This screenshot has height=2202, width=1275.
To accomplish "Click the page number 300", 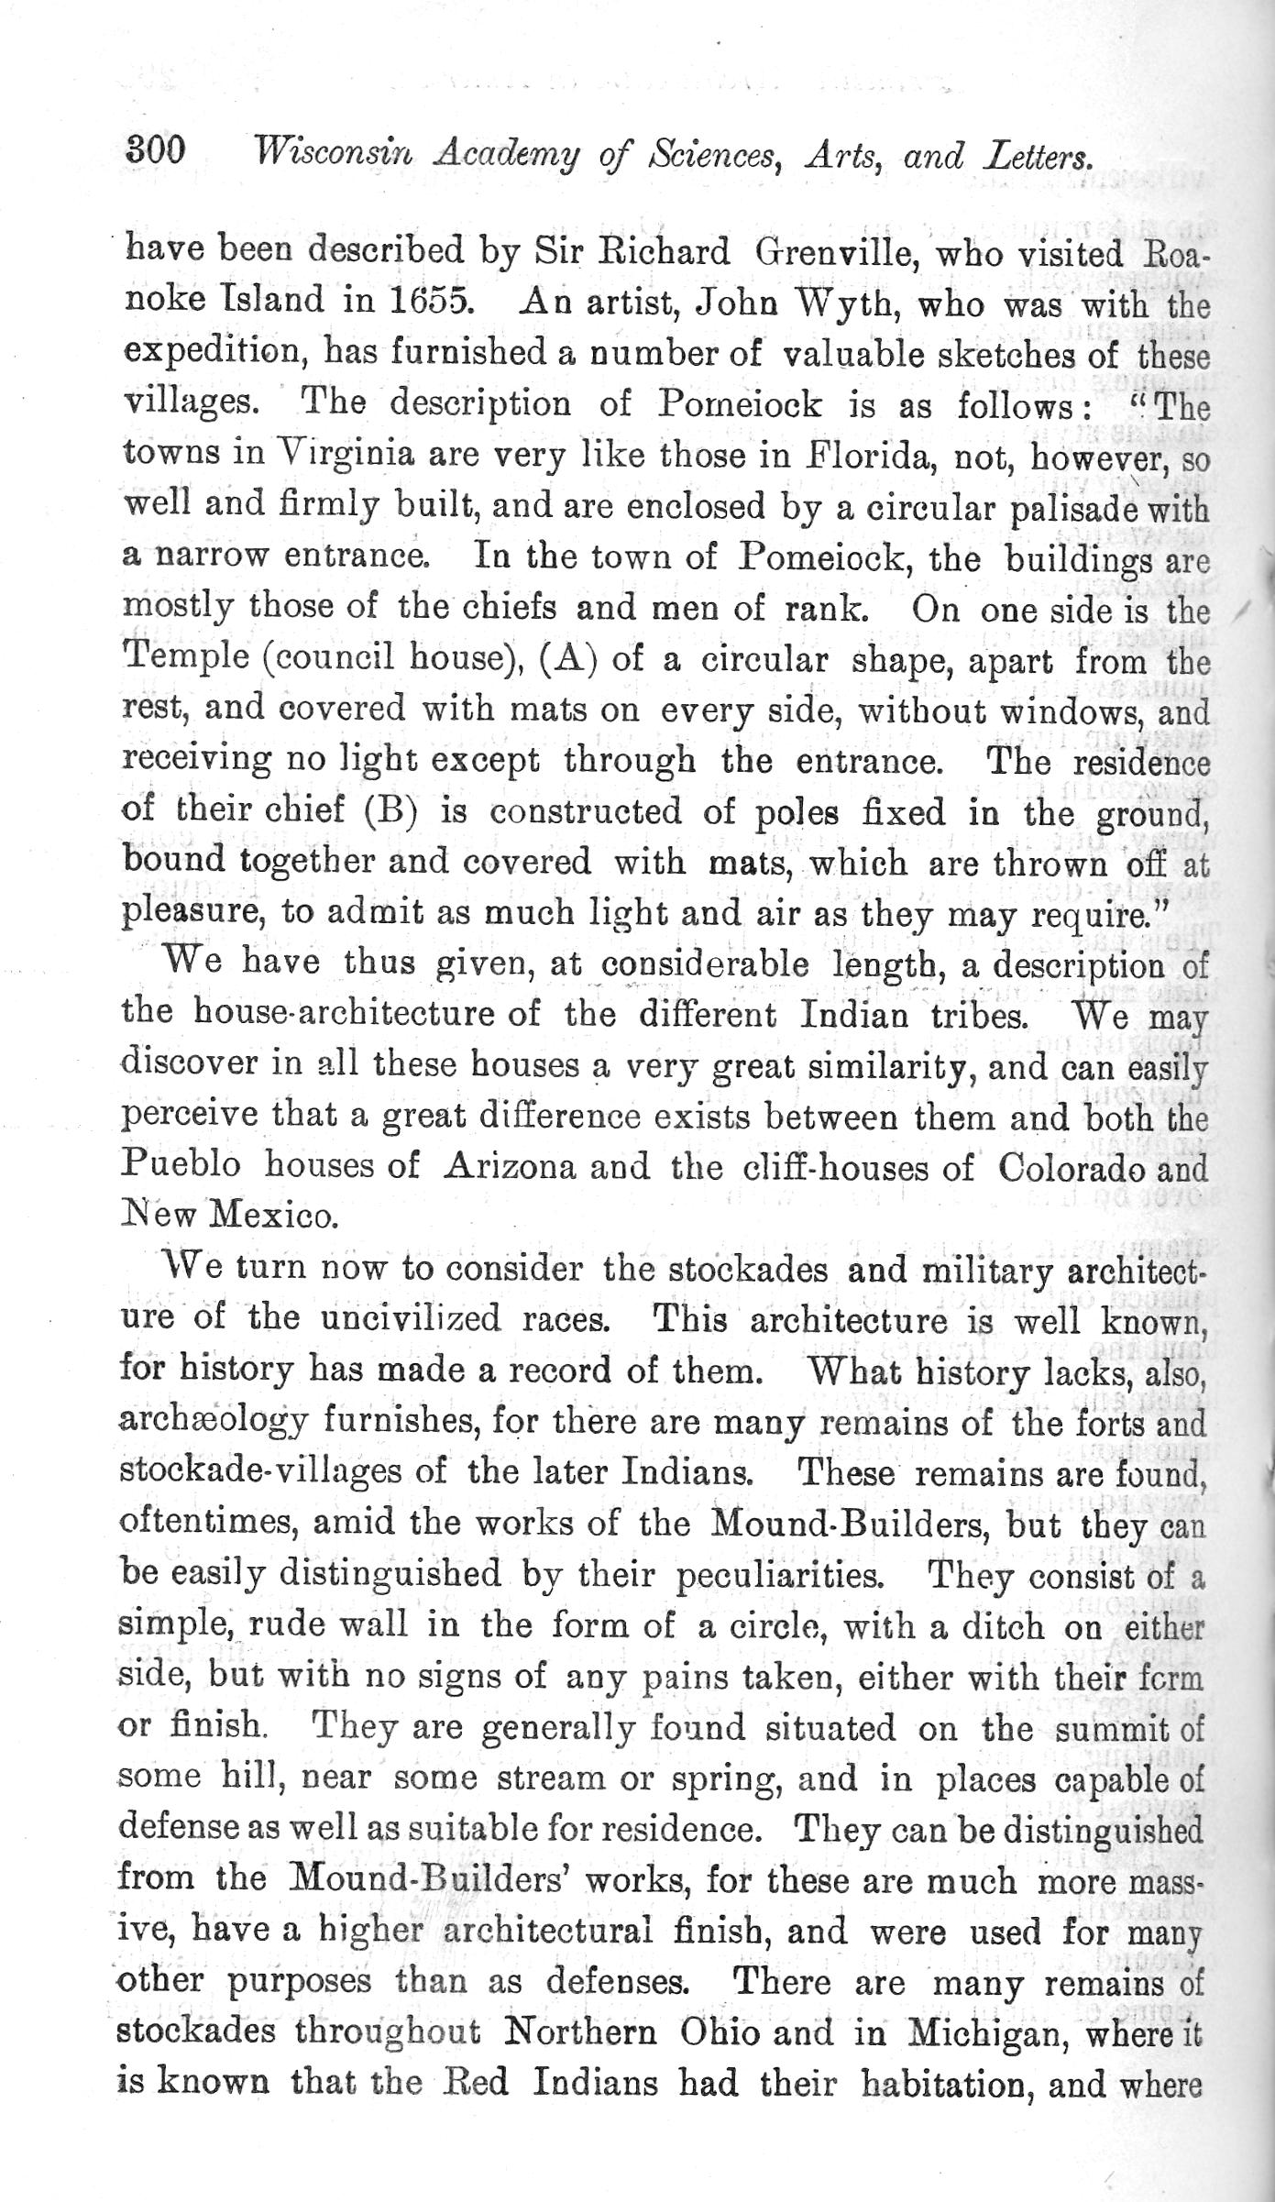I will [155, 149].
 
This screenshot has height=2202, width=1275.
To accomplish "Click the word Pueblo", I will [181, 1166].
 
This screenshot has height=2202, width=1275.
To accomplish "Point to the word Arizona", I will [510, 1166].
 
